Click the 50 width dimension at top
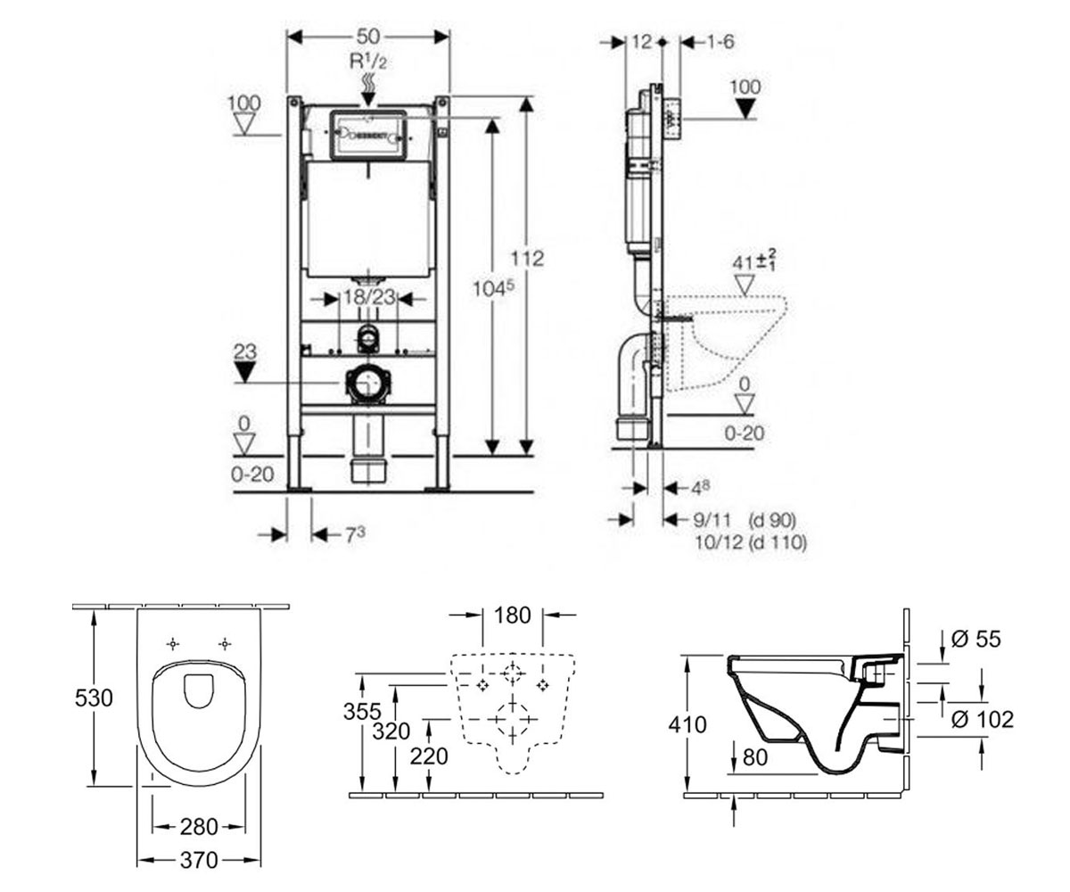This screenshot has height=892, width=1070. point(368,37)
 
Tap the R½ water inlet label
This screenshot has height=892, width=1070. point(368,62)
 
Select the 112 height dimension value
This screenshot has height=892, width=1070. point(527,259)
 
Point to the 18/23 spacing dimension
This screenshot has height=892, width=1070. point(369,297)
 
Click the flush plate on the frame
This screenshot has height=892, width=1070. point(368,136)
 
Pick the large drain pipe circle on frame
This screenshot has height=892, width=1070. point(367,383)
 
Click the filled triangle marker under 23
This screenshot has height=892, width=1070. point(244,372)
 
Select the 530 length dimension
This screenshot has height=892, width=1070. point(94,698)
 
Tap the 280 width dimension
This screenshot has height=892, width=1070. point(199,827)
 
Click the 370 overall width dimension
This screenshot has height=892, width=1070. point(199,861)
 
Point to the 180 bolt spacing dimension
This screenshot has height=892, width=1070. point(513,615)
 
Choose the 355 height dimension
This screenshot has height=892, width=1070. point(362,711)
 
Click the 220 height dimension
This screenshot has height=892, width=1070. point(429,756)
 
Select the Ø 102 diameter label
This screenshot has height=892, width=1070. point(983,720)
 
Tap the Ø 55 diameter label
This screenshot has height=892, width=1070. point(975,640)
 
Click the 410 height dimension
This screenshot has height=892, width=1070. point(687,725)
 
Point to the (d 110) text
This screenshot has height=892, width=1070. point(778,542)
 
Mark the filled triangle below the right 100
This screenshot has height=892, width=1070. point(746,109)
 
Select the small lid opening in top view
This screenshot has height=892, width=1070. point(198,691)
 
